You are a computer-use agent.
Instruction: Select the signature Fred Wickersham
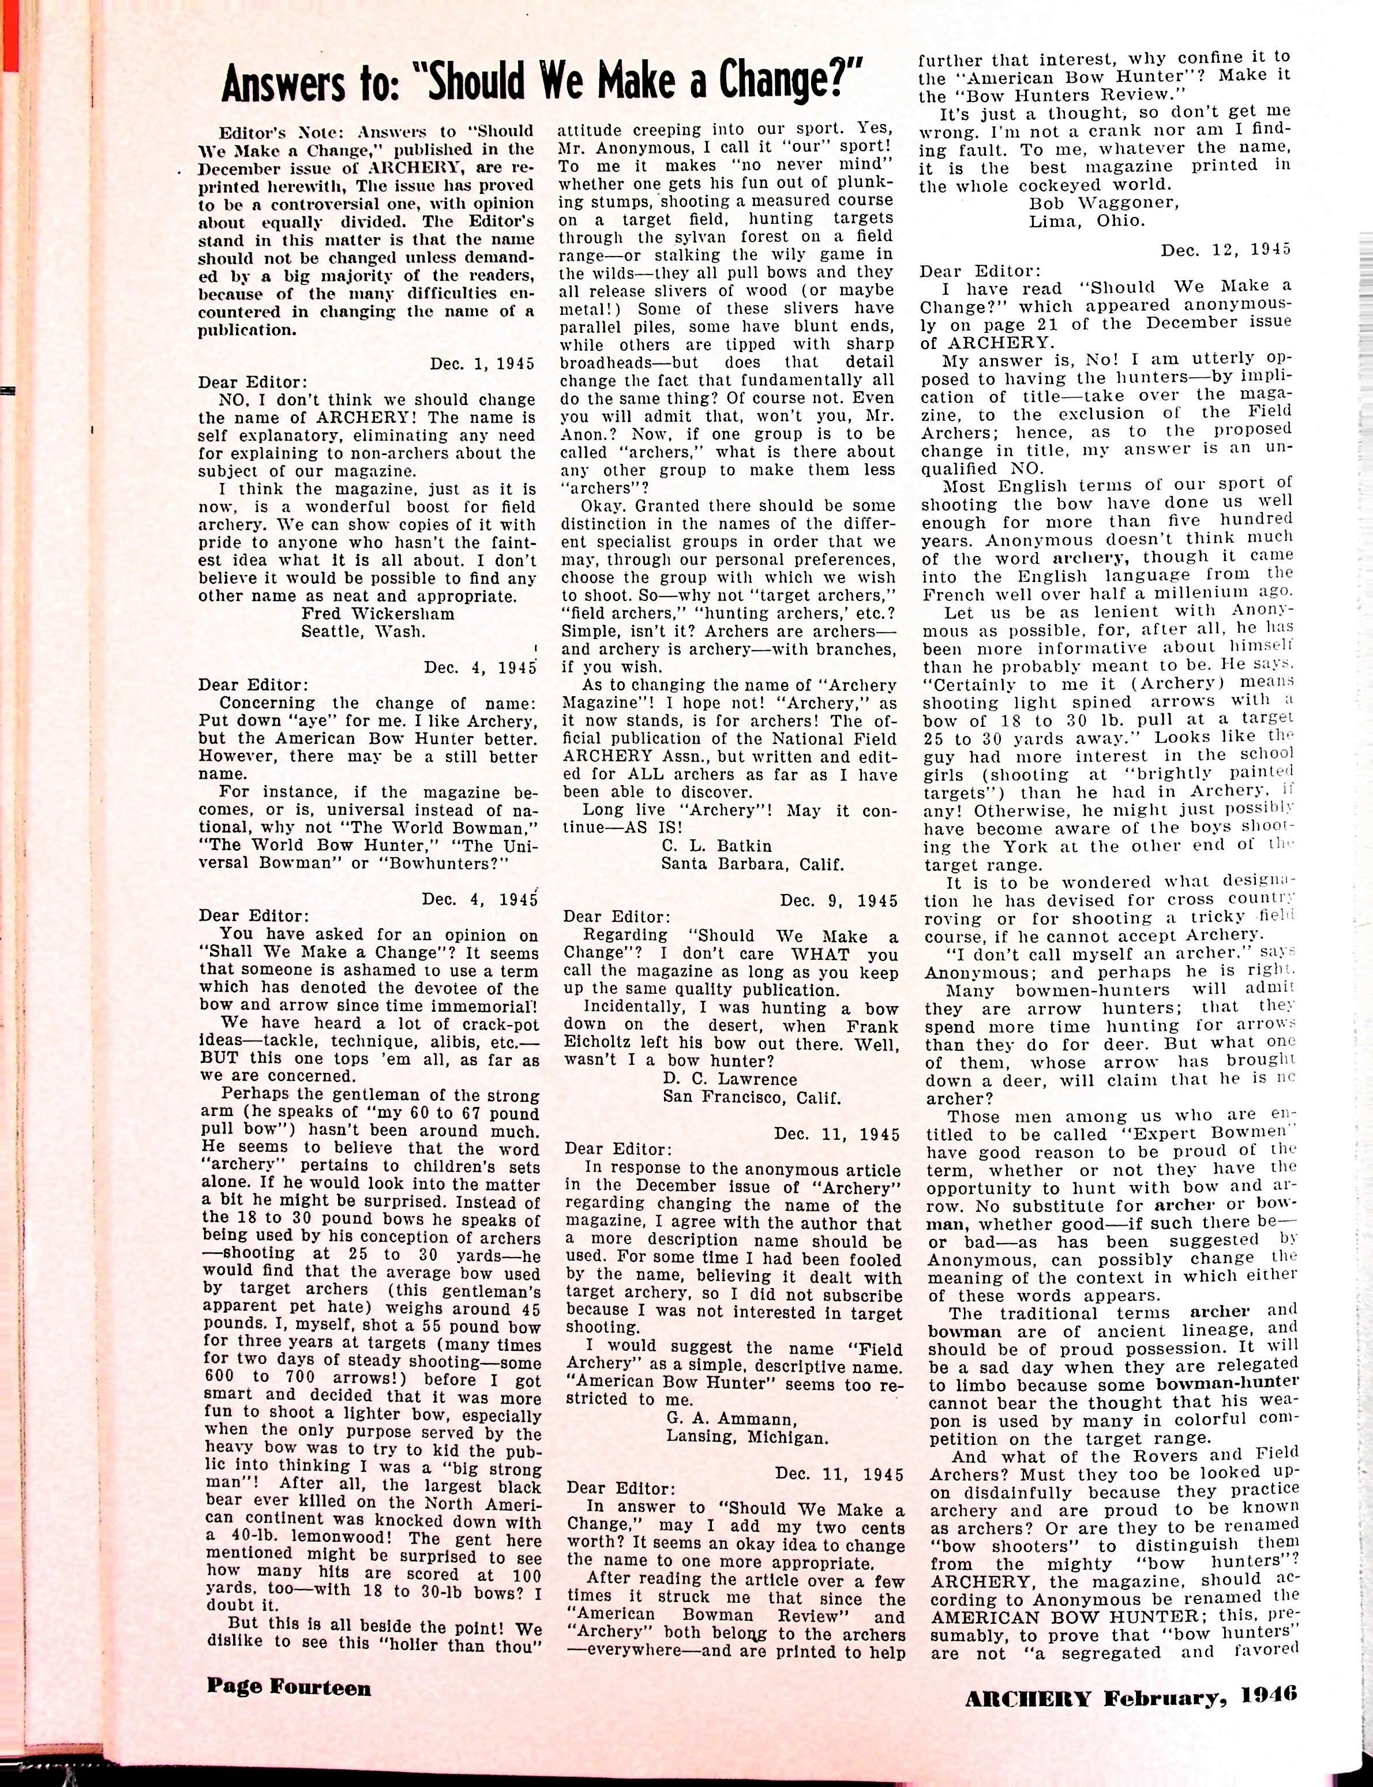click(378, 614)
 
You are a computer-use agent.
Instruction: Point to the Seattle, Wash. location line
click(363, 632)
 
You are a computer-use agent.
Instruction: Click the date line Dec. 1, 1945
click(482, 363)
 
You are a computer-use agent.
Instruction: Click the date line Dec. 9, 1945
click(839, 900)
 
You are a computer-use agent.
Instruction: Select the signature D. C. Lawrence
click(730, 1079)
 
